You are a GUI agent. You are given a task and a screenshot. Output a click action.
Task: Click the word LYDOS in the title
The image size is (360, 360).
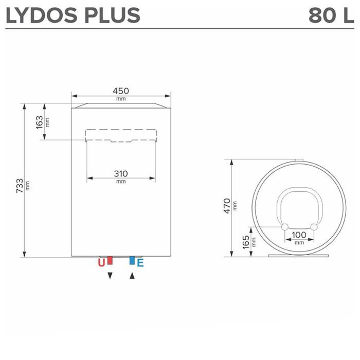[x=47, y=15]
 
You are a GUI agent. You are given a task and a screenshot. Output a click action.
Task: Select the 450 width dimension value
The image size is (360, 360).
[x=121, y=91]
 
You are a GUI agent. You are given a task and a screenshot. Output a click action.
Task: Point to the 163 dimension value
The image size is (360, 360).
[x=40, y=122]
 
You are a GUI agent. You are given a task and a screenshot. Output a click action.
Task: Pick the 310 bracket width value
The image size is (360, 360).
[x=121, y=174]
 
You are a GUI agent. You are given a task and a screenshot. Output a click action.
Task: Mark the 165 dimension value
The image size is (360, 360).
[x=246, y=241]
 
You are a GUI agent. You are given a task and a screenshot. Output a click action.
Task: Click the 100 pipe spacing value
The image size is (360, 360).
[x=299, y=235]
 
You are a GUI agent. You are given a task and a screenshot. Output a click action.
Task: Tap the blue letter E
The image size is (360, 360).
[x=140, y=263]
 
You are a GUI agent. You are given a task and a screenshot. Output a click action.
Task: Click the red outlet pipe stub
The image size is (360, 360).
[x=110, y=260]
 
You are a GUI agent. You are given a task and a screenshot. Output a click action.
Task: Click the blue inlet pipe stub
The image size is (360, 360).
[x=132, y=260]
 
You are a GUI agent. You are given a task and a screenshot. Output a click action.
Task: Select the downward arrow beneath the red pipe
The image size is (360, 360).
[x=110, y=276]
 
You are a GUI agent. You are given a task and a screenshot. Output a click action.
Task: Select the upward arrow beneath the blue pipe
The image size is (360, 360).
[x=132, y=276]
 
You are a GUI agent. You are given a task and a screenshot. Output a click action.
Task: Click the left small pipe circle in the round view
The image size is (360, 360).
[x=284, y=227]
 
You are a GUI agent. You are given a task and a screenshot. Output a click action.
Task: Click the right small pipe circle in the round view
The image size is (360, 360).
[x=314, y=227]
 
